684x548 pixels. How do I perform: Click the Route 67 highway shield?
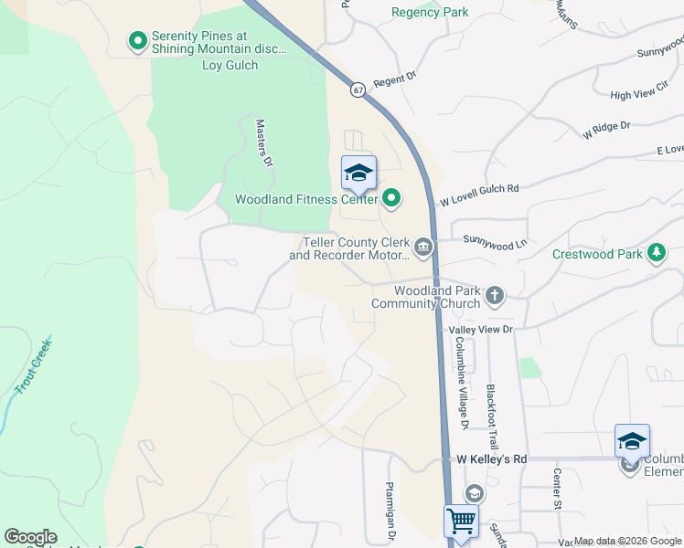(358, 90)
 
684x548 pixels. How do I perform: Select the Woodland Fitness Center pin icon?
(391, 197)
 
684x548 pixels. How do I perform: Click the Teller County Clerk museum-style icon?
(423, 246)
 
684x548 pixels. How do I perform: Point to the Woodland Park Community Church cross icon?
(494, 295)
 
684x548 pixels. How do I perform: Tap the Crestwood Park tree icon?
(656, 253)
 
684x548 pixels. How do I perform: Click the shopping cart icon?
(462, 522)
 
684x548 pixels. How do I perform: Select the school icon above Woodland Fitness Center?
(358, 173)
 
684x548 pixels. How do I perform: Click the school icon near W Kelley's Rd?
(632, 441)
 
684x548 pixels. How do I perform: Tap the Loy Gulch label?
(230, 66)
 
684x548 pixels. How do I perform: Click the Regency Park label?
(430, 12)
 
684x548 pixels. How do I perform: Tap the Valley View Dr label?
(480, 329)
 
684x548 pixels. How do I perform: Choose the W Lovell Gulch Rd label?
(479, 194)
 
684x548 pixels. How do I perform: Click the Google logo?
(30, 537)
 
